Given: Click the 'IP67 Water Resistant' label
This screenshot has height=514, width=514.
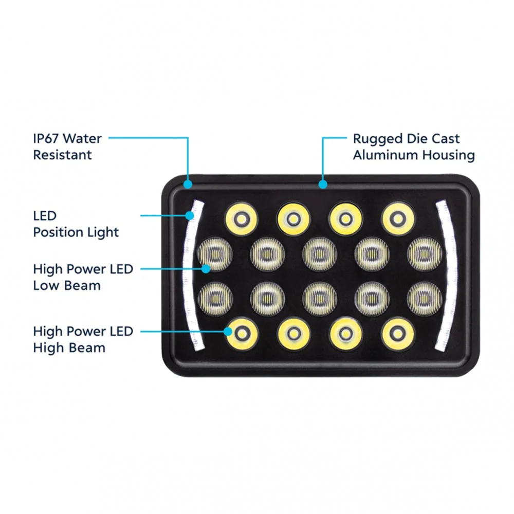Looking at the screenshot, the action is pos(67,146).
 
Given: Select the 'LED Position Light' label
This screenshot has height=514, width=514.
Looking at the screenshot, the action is pos(76,224).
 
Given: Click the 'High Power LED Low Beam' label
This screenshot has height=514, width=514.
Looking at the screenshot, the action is pos(83,277).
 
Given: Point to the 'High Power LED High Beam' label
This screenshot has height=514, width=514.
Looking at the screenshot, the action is pos(83,339).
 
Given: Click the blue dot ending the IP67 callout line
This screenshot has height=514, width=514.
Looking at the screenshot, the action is pos(188,184).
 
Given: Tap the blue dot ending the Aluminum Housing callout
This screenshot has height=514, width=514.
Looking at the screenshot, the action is pos(323,184).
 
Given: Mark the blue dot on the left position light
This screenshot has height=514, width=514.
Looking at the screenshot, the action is pos(190,215).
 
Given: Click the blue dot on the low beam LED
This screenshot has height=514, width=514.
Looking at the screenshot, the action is pos(206,269).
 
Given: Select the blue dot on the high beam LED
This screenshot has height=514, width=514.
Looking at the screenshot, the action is pos(228,332).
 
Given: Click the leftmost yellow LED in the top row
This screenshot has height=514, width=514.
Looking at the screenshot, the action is pos(241,218).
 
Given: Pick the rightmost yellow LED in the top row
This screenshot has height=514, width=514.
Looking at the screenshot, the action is pos(398,218).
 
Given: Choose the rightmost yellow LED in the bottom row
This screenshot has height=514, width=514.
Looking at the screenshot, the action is pos(398,334).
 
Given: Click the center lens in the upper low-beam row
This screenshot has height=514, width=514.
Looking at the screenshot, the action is pos(320,254).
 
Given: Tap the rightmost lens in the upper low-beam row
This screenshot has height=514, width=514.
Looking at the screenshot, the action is pos(425,254).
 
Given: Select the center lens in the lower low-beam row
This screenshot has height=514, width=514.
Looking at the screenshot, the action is pos(320,299).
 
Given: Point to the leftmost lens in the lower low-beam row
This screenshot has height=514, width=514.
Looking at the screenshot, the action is pos(215,299).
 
